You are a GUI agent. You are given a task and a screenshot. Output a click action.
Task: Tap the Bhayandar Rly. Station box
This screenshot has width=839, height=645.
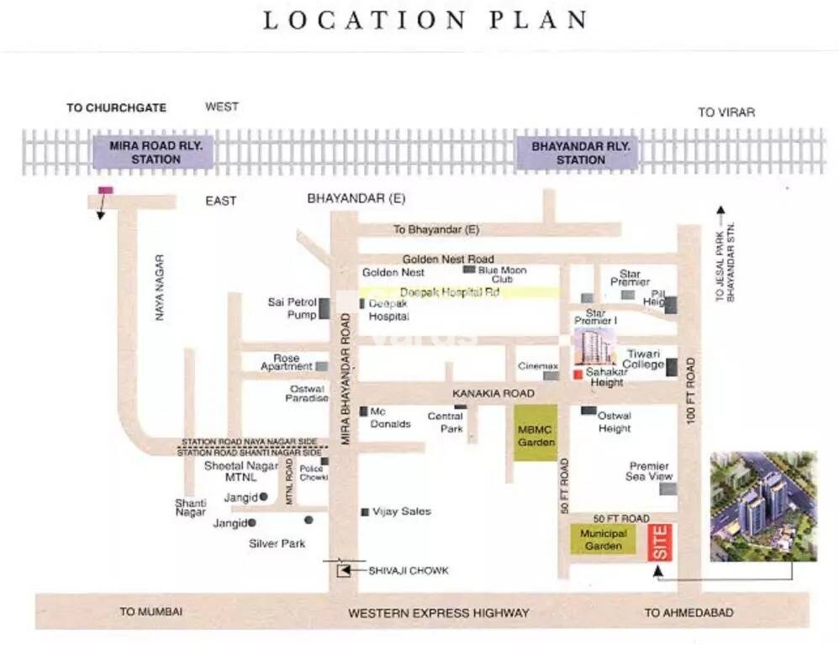click(580, 152)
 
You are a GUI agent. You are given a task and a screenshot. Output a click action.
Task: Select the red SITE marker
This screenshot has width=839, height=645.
click(660, 543)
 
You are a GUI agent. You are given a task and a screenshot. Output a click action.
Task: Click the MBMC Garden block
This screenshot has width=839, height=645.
click(536, 433)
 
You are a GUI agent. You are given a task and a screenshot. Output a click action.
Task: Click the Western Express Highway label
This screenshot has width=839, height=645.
click(439, 613)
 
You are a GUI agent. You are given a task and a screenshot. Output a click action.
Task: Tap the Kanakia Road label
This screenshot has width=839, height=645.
click(493, 393)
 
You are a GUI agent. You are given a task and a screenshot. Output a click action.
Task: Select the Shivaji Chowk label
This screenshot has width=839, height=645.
click(409, 571)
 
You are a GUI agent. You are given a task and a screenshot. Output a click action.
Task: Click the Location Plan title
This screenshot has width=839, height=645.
click(425, 20)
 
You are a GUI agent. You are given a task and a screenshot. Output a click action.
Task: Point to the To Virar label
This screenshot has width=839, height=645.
click(726, 113)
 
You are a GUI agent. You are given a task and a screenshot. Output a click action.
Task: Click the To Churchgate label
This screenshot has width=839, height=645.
click(116, 107)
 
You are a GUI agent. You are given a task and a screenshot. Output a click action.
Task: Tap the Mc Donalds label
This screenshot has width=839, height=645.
click(390, 417)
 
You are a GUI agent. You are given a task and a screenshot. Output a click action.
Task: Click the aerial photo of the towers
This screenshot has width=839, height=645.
click(762, 506)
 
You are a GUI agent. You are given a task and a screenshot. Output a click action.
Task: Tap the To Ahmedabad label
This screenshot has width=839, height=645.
click(689, 613)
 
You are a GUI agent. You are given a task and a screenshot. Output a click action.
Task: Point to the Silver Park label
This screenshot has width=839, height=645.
click(277, 543)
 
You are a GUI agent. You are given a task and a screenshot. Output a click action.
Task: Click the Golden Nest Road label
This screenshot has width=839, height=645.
click(447, 260)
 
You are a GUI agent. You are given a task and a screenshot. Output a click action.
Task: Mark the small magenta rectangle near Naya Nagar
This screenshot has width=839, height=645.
click(105, 191)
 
